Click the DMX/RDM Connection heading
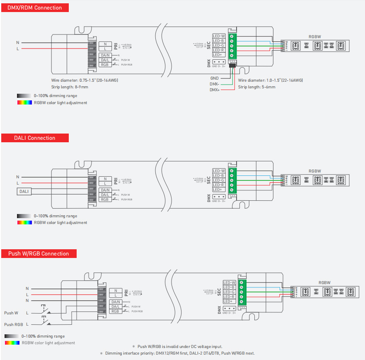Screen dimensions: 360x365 [35, 7]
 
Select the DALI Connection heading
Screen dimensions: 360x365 [34, 138]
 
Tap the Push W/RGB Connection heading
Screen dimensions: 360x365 [39, 253]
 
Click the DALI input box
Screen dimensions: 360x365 [24, 191]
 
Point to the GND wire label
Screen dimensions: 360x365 [214, 78]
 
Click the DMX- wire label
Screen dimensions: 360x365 [214, 84]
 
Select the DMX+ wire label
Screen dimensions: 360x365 [214, 90]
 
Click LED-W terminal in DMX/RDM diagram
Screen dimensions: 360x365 [219, 36]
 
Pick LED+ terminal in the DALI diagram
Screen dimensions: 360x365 [218, 190]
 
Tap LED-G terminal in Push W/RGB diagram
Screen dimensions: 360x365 [229, 292]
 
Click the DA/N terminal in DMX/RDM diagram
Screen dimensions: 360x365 [105, 55]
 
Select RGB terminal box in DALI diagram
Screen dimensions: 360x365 [105, 199]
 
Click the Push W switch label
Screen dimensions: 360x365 [11, 313]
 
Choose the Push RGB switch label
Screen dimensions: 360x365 [13, 324]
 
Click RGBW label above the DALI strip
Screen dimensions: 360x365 [314, 171]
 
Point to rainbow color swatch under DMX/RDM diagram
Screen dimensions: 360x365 [24, 102]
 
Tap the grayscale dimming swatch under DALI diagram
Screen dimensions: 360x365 [24, 216]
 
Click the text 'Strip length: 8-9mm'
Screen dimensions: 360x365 [70, 87]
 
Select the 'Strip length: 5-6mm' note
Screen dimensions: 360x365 [257, 87]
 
